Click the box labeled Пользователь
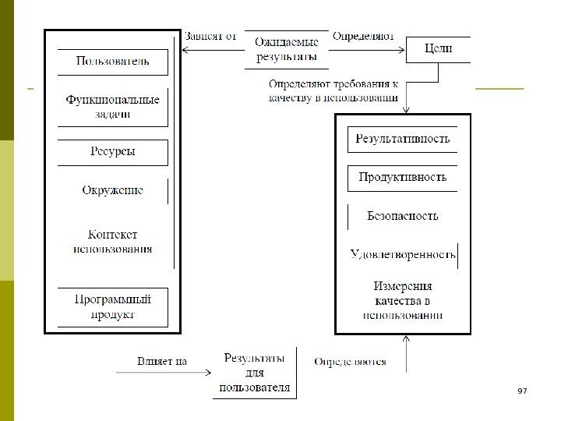coord(113,61)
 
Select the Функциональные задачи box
coord(113,107)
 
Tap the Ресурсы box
coord(113,151)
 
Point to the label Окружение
coord(113,190)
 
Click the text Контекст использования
coord(113,242)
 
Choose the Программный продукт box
coord(113,306)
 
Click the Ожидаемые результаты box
coord(287,50)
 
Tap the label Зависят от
coord(210,36)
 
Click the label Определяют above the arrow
coord(363,36)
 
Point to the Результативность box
coord(402,140)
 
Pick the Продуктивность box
coord(402,178)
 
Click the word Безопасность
coord(402,216)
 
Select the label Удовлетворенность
coord(402,254)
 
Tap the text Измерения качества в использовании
coord(402,300)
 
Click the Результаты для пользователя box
coord(255,373)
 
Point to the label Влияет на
coord(162,361)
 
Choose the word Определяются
coord(350,362)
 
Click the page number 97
coord(523,390)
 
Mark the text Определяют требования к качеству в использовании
coord(333,90)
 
